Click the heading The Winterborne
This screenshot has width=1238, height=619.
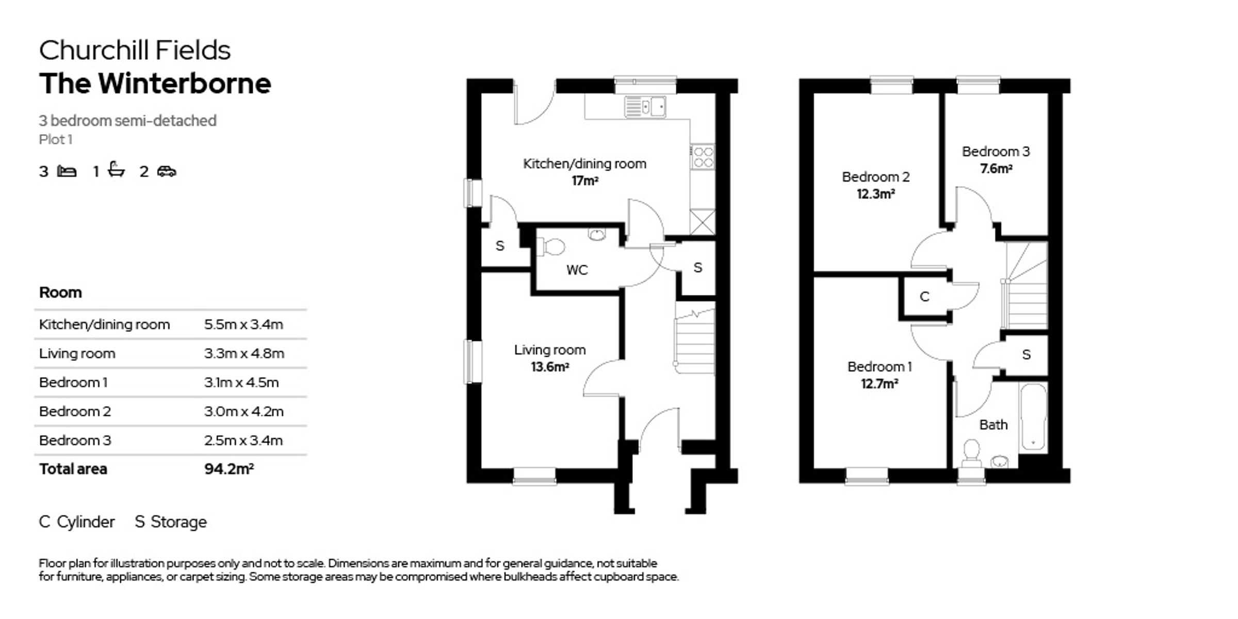pos(155,84)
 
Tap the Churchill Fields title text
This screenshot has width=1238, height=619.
pos(135,51)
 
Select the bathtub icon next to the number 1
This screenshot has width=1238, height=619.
pos(117,170)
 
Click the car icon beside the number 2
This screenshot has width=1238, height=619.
pos(167,171)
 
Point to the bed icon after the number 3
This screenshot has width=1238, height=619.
pos(67,171)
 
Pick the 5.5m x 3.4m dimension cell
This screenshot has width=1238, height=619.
pos(243,324)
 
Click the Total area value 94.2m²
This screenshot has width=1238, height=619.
pos(229,469)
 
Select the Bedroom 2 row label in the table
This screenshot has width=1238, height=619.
pos(75,411)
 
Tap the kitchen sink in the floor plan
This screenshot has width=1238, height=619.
pos(645,107)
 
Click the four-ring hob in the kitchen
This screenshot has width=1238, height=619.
pos(703,157)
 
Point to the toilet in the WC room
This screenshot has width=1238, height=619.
pos(551,247)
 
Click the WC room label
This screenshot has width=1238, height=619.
pos(577,270)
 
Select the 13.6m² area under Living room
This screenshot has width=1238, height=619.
pos(550,367)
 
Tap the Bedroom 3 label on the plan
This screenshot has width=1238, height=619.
pos(996,152)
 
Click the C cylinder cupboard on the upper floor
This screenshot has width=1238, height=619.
pos(925,297)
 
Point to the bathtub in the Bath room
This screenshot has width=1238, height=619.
pos(1033,417)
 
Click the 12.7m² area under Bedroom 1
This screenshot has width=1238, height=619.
pos(879,384)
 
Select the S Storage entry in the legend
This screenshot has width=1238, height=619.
pos(171,522)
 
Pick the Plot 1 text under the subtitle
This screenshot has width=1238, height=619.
pos(56,139)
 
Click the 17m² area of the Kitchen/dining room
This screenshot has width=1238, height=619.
pos(584,181)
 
